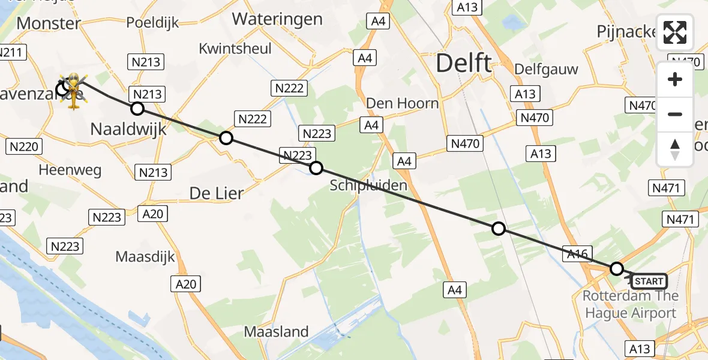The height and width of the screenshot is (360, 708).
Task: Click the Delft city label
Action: [x=464, y=62]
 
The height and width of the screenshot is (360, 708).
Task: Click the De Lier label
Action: [x=217, y=193]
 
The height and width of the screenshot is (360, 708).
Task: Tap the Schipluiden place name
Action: [x=368, y=185]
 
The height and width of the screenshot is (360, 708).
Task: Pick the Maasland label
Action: [x=276, y=331]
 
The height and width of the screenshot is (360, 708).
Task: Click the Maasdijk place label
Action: [x=145, y=257]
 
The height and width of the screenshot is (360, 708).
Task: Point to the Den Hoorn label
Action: [x=402, y=103]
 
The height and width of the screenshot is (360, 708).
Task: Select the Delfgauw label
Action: [x=546, y=69]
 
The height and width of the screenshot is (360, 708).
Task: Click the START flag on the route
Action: [x=649, y=281]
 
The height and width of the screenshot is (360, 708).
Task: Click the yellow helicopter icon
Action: [x=74, y=91]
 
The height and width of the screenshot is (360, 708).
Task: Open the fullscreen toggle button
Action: [x=675, y=32]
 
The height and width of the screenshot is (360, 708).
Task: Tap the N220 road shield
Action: [x=25, y=146]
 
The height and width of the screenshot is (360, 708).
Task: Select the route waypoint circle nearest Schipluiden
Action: [x=316, y=168]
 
